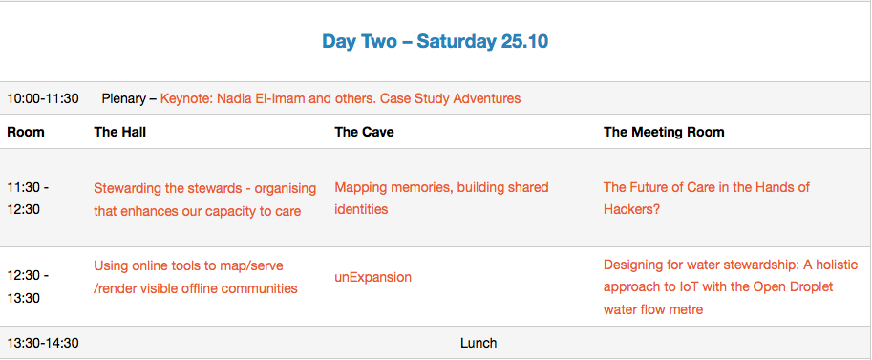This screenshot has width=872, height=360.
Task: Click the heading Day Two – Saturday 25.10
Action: tap(436, 41)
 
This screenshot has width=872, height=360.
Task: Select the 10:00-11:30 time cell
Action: tap(43, 99)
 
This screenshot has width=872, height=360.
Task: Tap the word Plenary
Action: tap(123, 99)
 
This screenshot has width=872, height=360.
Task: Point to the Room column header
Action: tap(26, 132)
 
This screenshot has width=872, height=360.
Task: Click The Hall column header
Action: tap(120, 132)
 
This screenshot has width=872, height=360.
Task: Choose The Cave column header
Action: tap(364, 132)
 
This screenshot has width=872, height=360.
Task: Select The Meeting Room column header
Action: tap(664, 132)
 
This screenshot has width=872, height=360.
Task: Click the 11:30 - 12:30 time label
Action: tap(28, 199)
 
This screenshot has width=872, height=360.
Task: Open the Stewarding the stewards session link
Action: tap(204, 200)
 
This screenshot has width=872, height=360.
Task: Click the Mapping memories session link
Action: tap(441, 199)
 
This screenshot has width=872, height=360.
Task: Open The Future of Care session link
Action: tap(706, 199)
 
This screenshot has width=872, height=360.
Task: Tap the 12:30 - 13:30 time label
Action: tap(28, 287)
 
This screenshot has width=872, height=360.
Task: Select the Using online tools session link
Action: tap(195, 277)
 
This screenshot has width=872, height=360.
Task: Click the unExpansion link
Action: tap(372, 277)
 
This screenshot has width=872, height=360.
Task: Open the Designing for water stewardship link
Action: tap(731, 287)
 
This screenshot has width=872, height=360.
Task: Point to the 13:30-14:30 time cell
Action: tap(43, 344)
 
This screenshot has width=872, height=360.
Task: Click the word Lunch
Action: tap(479, 344)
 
